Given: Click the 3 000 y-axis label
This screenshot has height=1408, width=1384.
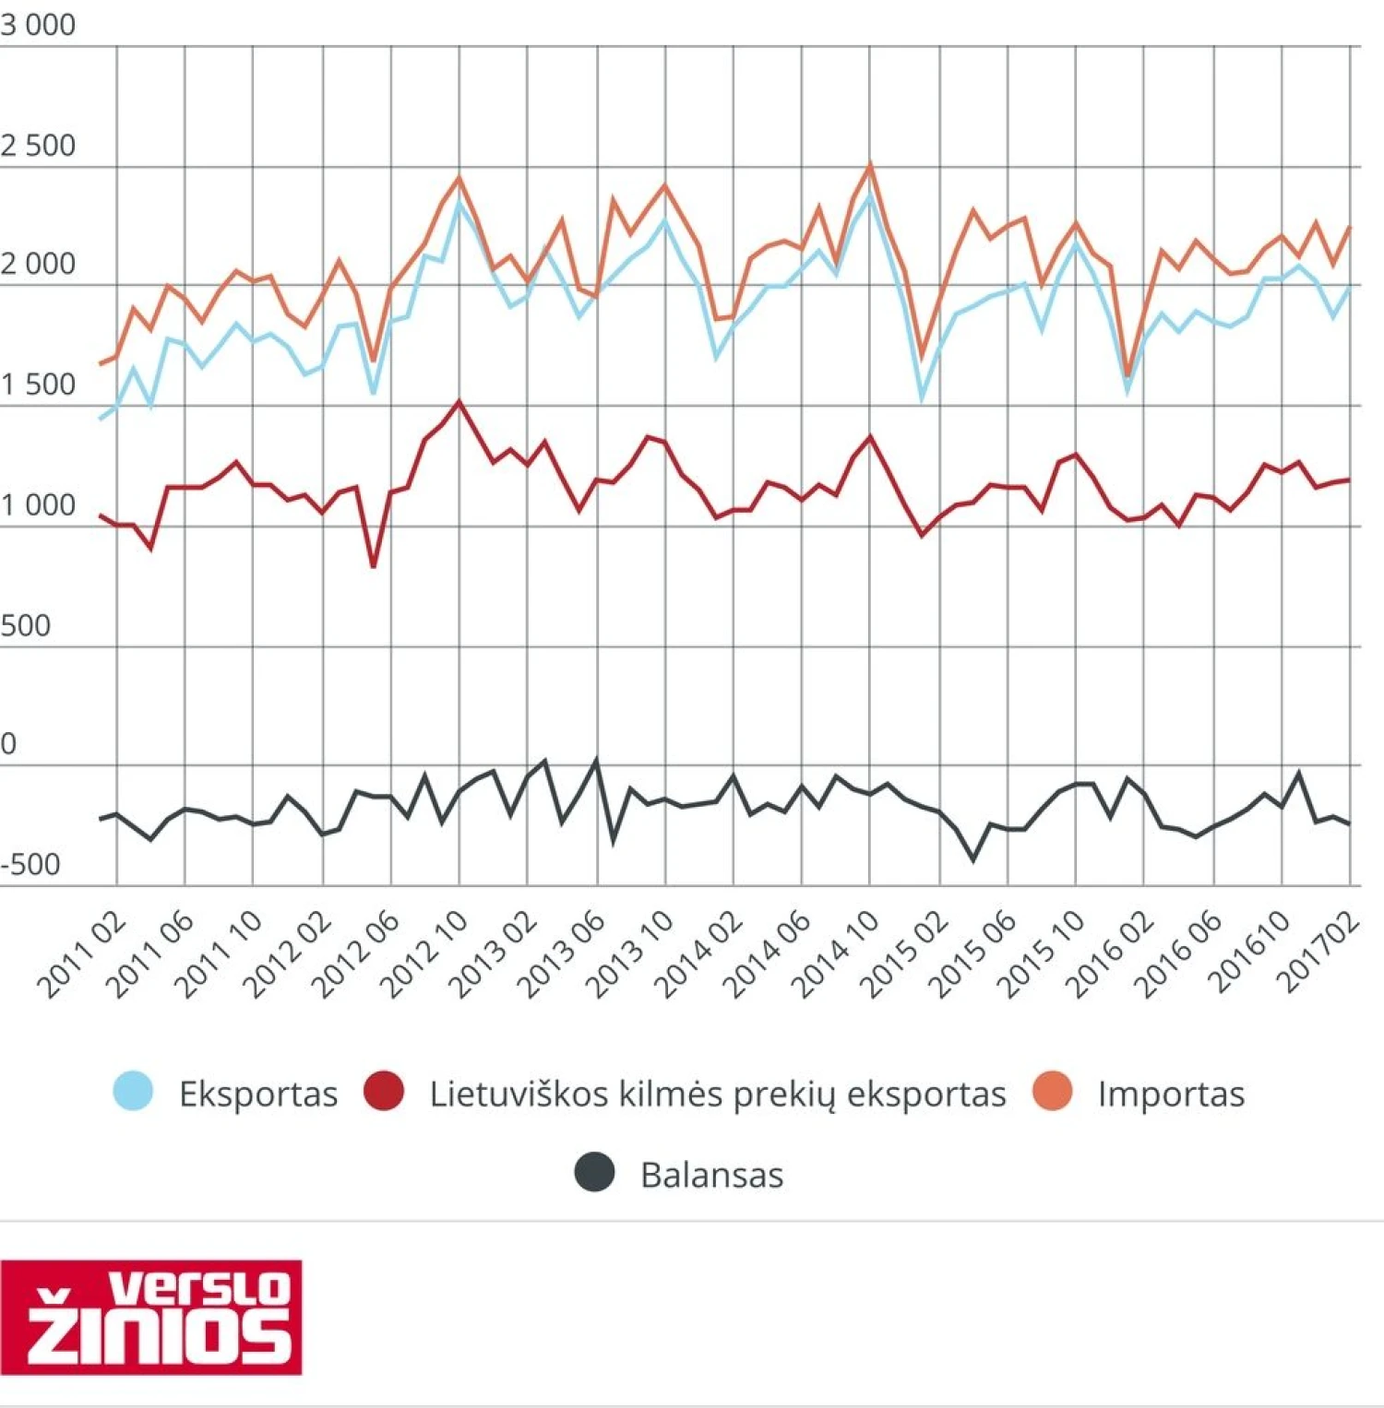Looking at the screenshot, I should point(38,25).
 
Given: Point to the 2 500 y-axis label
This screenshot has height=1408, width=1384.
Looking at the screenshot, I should point(38,146).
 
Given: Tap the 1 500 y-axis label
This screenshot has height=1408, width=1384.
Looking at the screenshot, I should point(38,385).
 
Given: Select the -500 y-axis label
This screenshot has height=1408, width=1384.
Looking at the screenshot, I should point(30,865).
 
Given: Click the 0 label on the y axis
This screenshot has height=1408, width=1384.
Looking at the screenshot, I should point(9,744).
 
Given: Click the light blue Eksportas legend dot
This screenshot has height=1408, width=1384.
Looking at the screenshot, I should point(133,1092).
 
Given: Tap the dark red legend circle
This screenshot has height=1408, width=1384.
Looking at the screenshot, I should point(384,1092).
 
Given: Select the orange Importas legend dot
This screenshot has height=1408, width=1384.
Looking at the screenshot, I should point(1052,1092).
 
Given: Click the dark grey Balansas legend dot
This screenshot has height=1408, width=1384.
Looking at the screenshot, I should point(594,1173).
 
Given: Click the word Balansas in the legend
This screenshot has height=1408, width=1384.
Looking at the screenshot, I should point(711,1175).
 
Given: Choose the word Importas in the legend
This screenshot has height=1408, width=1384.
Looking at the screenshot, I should point(1171,1094).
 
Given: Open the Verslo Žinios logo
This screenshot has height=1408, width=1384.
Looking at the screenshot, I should point(151,1316).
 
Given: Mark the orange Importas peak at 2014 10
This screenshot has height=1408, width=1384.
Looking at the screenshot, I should point(869,166).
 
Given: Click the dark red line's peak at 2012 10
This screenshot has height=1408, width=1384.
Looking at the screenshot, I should point(459,402).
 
